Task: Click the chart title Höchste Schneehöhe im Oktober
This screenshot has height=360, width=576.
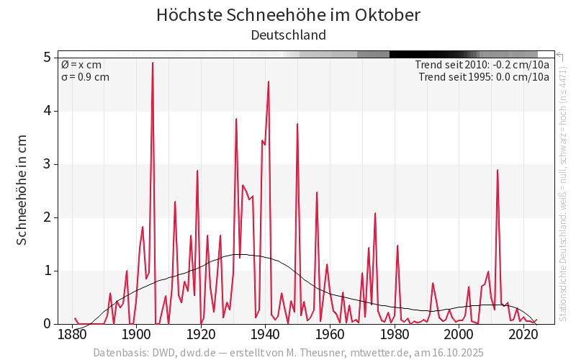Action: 288,15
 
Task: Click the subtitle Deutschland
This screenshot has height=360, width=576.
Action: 288,35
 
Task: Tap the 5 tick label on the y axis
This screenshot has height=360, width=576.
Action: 46,57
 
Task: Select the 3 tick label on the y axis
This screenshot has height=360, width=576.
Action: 46,164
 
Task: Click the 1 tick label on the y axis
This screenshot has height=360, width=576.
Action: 46,271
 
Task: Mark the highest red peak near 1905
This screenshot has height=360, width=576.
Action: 153,63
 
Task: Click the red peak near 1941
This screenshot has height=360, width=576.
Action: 269,81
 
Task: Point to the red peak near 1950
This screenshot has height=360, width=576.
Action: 297,124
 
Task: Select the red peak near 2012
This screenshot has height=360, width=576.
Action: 498,170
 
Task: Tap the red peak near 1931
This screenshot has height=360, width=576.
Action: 236,119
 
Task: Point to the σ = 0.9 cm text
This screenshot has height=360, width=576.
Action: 85,77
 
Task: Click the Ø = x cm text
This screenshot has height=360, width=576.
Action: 81,65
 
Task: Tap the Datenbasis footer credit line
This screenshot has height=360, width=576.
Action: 288,353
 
